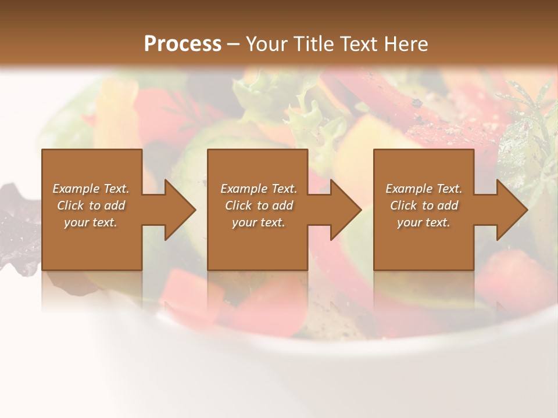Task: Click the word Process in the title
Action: [183, 44]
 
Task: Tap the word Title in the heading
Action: [313, 44]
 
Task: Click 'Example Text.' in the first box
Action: [91, 189]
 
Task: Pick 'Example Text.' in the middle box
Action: [259, 189]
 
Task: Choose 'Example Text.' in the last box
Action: [424, 189]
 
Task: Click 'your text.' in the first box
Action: [91, 222]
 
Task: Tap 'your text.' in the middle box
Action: [259, 222]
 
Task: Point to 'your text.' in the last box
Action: [424, 222]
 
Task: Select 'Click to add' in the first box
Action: [91, 206]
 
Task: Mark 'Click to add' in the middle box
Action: [259, 206]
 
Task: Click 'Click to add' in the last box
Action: [424, 206]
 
